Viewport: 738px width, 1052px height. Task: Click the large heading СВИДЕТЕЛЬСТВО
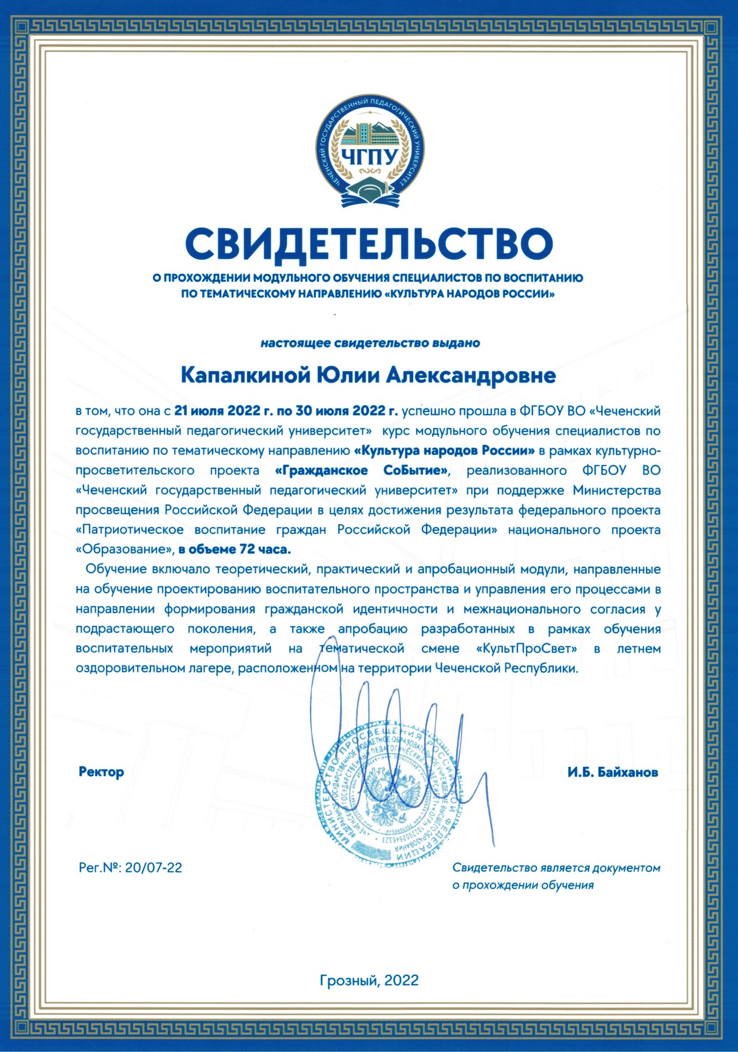point(369,243)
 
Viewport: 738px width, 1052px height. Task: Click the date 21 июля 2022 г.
point(224,411)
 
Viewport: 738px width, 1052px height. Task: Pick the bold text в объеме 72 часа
point(234,549)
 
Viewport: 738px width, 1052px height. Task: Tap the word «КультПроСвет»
point(527,648)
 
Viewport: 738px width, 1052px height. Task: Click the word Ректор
point(101,772)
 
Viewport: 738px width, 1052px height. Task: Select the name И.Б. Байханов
point(612,772)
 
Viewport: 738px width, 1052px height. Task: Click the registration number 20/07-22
point(153,868)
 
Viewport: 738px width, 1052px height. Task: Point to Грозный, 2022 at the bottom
point(369,980)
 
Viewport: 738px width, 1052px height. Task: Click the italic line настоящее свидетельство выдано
point(370,343)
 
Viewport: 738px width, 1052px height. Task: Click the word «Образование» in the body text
point(125,549)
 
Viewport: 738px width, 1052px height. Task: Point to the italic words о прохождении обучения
point(523,885)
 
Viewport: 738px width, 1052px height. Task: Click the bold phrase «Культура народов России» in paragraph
point(445,451)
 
